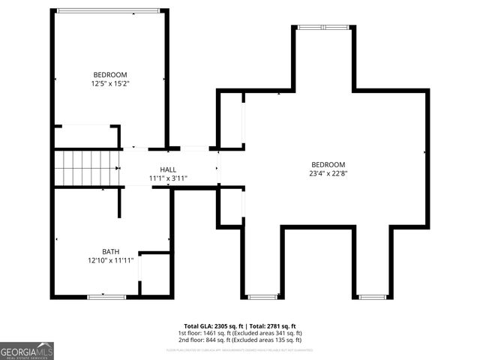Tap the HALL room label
[x=168, y=170]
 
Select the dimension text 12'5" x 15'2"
[x=110, y=84]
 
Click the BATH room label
[x=110, y=252]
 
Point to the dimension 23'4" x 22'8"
[x=328, y=174]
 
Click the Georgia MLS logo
[x=27, y=350]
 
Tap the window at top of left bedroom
[x=109, y=10]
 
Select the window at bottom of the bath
[x=106, y=297]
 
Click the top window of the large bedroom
[x=322, y=28]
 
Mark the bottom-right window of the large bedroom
[x=371, y=297]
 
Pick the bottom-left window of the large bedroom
[x=262, y=297]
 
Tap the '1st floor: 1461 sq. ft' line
[x=202, y=333]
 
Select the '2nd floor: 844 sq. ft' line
[x=202, y=339]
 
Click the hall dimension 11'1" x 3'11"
[x=168, y=178]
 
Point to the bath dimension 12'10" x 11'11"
[x=110, y=261]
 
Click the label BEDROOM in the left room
[x=110, y=75]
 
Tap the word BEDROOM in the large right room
[x=328, y=165]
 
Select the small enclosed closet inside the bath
[x=154, y=274]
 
